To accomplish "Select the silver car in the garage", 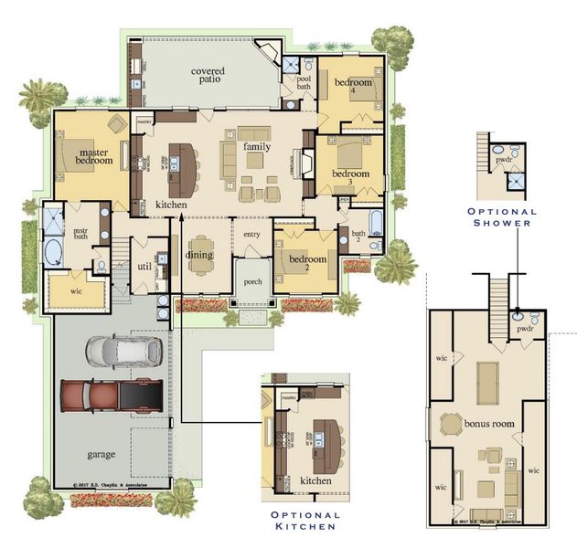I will tap(123, 350).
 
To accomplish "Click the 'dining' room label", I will tap(199, 255).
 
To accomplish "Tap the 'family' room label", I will tap(257, 146).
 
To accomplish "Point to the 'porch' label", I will tap(252, 281).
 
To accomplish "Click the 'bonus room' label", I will tap(489, 424).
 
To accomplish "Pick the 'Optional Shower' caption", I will tap(501, 216).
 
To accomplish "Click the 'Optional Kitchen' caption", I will tap(305, 521).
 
